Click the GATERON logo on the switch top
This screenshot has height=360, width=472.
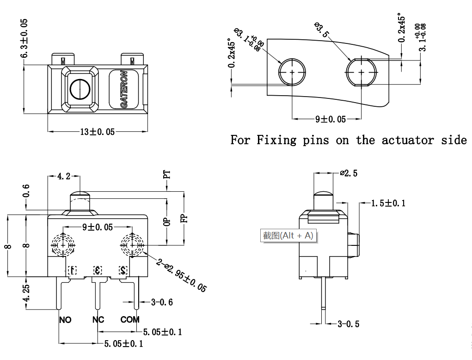124,89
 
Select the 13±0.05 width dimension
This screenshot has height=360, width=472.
97,132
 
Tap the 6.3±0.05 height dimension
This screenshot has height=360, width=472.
24,38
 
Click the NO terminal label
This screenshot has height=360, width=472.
65,320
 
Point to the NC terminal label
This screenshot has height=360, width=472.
98,320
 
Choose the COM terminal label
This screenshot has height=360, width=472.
130,320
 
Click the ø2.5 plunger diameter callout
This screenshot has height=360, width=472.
349,174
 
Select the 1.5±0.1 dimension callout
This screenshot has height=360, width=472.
388,203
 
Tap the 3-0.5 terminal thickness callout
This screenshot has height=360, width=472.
348,324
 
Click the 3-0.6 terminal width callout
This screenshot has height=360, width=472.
162,302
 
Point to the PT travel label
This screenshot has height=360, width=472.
167,175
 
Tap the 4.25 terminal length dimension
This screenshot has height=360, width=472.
26,293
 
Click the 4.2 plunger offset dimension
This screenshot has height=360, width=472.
63,176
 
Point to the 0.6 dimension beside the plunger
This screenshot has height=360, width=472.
26,190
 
